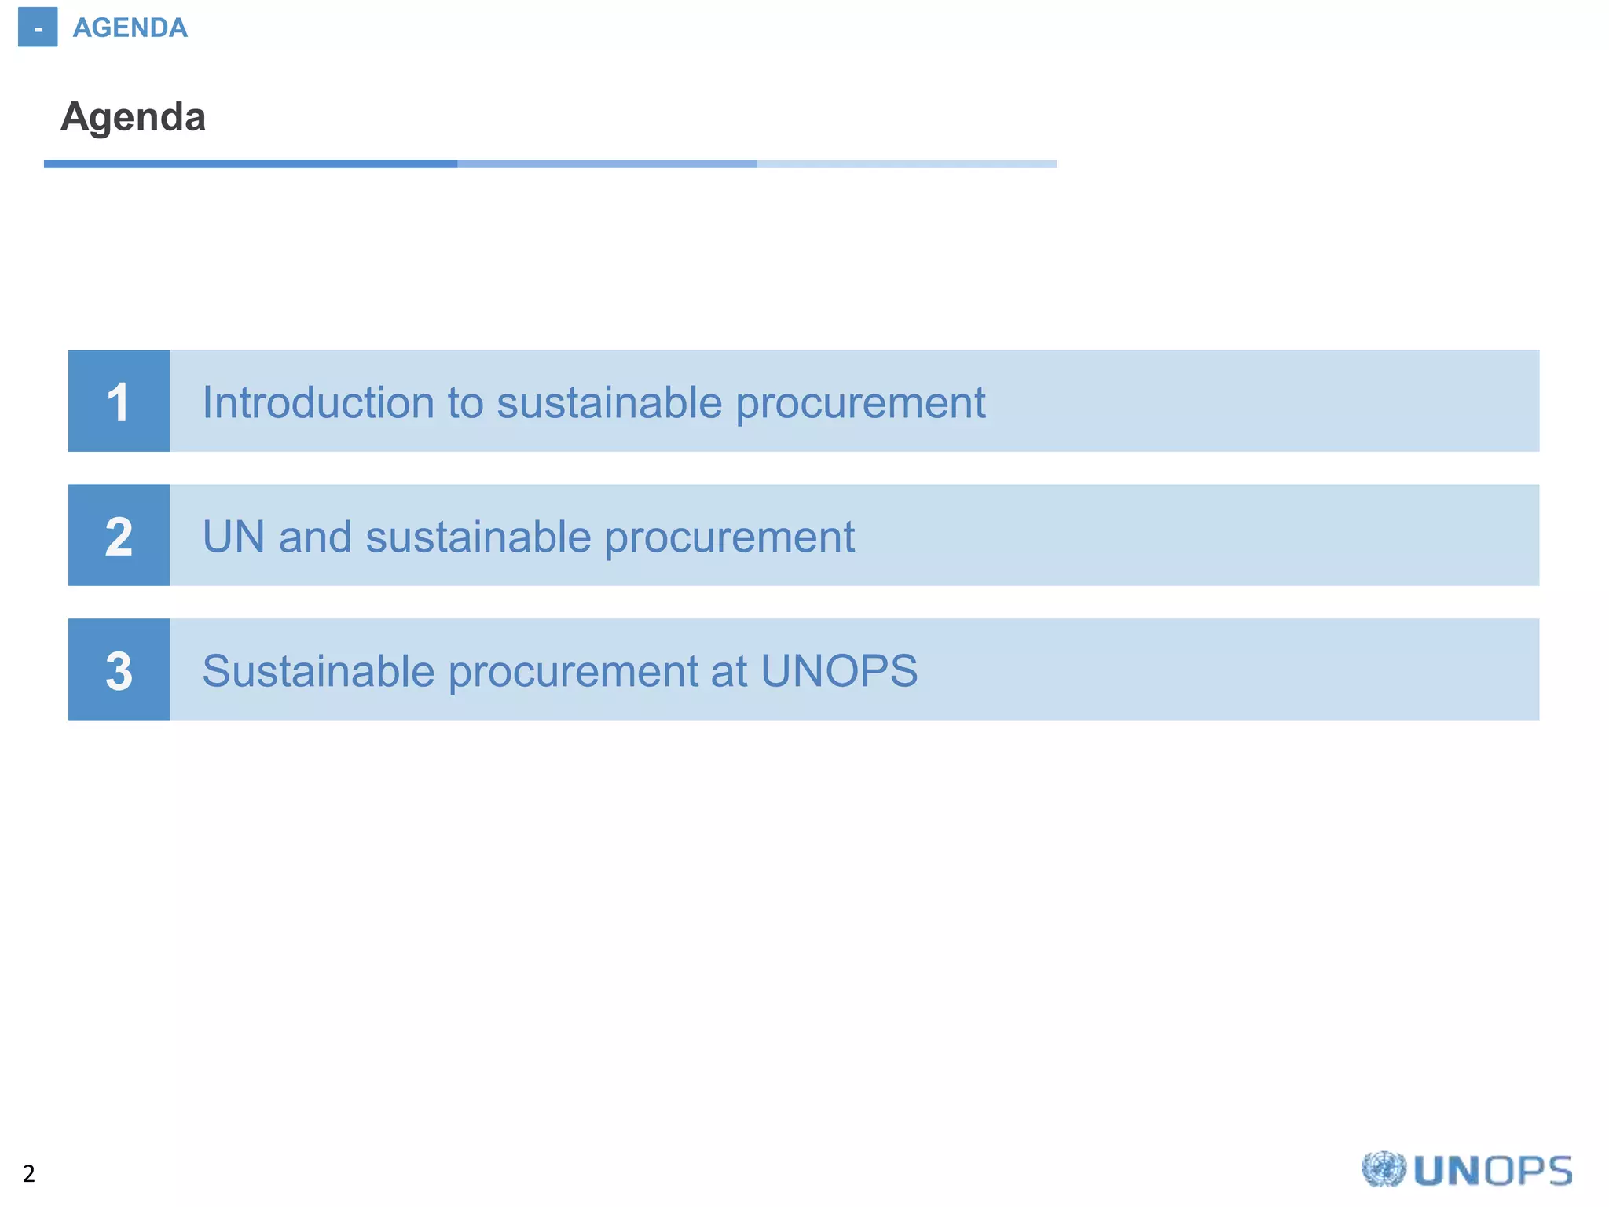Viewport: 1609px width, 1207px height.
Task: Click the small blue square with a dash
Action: click(38, 28)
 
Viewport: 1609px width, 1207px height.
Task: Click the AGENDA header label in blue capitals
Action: click(130, 28)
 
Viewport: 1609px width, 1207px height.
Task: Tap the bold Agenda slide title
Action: click(134, 117)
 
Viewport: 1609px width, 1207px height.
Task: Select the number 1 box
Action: click(119, 402)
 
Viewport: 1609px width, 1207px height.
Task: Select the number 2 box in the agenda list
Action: click(119, 536)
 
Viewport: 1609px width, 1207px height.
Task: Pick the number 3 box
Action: click(119, 670)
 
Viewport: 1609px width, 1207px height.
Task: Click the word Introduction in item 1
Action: click(318, 402)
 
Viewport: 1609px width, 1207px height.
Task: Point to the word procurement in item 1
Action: click(860, 404)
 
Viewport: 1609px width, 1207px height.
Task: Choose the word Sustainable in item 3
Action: click(318, 671)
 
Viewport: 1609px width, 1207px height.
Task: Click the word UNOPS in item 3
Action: click(838, 671)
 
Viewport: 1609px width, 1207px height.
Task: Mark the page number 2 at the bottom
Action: click(29, 1174)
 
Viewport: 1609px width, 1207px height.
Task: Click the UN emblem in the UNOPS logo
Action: click(1383, 1170)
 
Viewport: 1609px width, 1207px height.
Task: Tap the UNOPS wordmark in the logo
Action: click(1493, 1171)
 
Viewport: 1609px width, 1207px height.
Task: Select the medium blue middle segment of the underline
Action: click(607, 164)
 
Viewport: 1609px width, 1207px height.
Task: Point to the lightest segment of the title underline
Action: click(907, 164)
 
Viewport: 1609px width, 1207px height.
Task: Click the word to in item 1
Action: click(465, 403)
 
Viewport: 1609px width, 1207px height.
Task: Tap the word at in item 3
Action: click(729, 671)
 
